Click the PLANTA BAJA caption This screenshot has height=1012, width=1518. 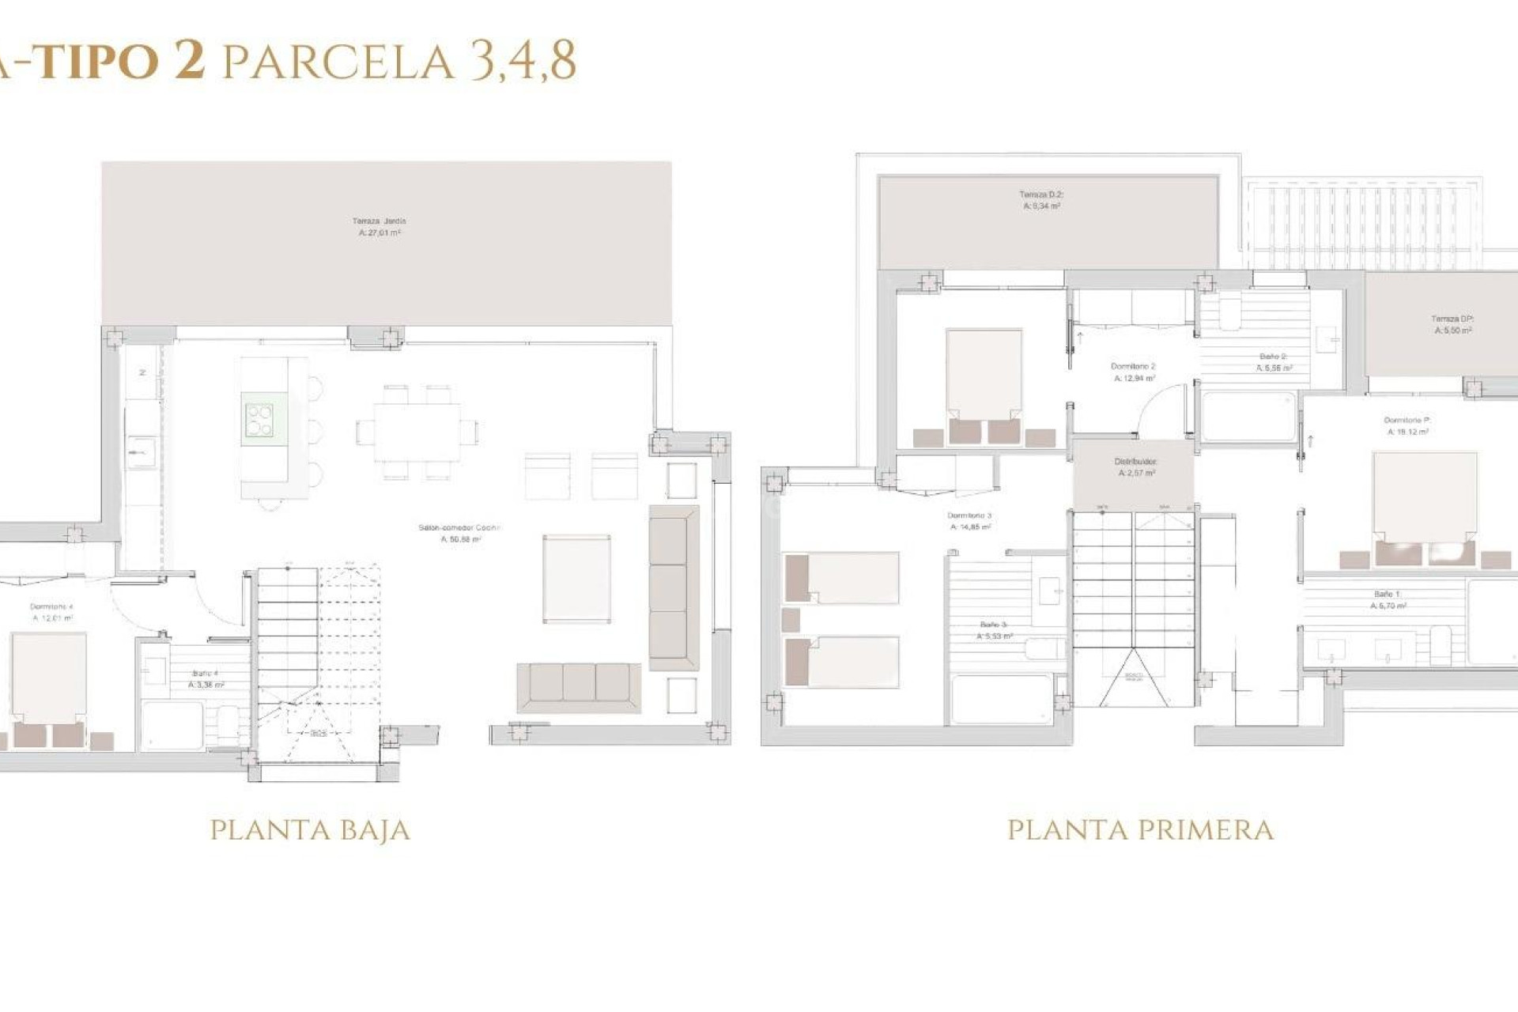(310, 830)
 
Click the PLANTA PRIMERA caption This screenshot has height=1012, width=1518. (1140, 830)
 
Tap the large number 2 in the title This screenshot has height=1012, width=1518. (190, 60)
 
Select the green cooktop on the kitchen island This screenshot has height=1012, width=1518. (259, 420)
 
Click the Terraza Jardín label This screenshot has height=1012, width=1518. (379, 227)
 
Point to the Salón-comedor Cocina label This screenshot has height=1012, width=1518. (459, 533)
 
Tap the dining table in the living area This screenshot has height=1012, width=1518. (417, 432)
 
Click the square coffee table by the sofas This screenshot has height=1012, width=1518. (576, 579)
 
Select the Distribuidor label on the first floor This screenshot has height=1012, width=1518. (1136, 466)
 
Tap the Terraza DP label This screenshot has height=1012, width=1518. (1452, 324)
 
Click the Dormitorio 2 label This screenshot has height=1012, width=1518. (1133, 372)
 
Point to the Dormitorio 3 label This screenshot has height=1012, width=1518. (969, 520)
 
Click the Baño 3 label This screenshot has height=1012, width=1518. (994, 630)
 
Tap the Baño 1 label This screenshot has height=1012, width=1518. (1388, 599)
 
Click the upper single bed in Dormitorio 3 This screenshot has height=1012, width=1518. (842, 578)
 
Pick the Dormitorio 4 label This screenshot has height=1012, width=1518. (52, 612)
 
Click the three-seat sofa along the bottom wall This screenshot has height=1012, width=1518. (579, 687)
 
